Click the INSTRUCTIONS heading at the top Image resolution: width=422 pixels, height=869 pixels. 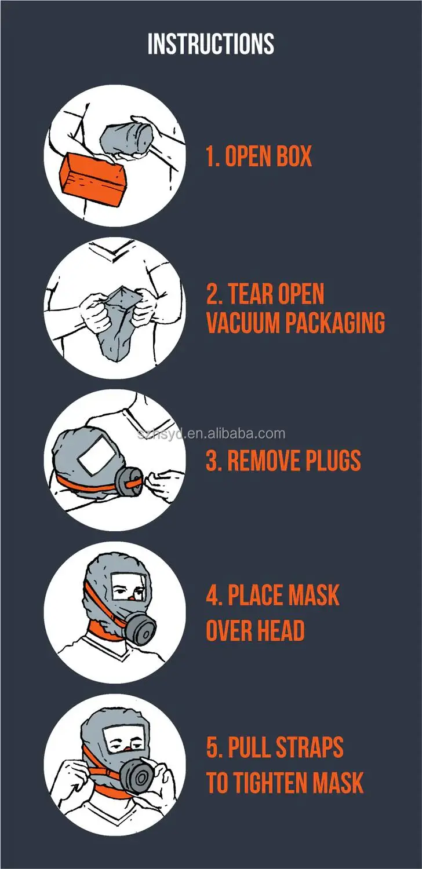211,44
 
